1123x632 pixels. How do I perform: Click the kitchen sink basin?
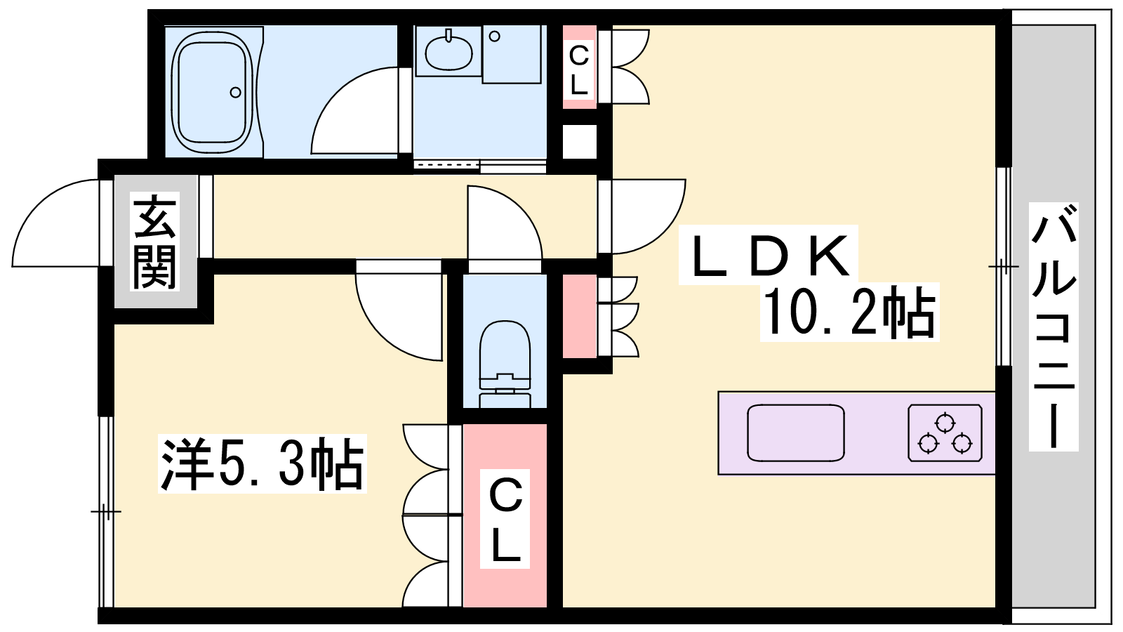point(796,433)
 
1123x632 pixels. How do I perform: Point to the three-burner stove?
point(945,433)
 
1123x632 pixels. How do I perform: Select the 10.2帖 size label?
point(849,312)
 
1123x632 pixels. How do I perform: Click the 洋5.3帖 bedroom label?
point(262,464)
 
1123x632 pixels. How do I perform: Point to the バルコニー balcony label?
point(1054,327)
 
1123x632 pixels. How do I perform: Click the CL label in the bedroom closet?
point(505,519)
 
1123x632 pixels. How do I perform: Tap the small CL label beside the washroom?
point(579,70)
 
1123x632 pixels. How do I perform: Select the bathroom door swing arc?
point(355,110)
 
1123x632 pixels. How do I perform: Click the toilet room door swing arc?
point(505,223)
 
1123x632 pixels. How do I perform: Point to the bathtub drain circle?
point(235,92)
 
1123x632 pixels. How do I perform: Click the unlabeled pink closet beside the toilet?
point(579,316)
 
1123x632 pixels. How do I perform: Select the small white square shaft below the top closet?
point(579,141)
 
